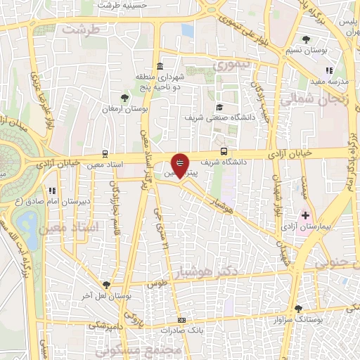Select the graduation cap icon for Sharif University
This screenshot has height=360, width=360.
coord(220,108)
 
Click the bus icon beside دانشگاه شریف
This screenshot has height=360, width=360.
coord(224,150)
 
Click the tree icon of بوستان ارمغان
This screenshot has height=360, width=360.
coord(124,98)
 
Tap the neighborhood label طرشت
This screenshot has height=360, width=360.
coord(77,31)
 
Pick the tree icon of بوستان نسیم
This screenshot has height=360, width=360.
coord(305,39)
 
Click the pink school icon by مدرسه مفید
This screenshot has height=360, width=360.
coord(328,70)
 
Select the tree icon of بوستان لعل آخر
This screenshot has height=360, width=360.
coord(105,284)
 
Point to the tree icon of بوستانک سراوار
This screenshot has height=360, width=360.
coord(298,308)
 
